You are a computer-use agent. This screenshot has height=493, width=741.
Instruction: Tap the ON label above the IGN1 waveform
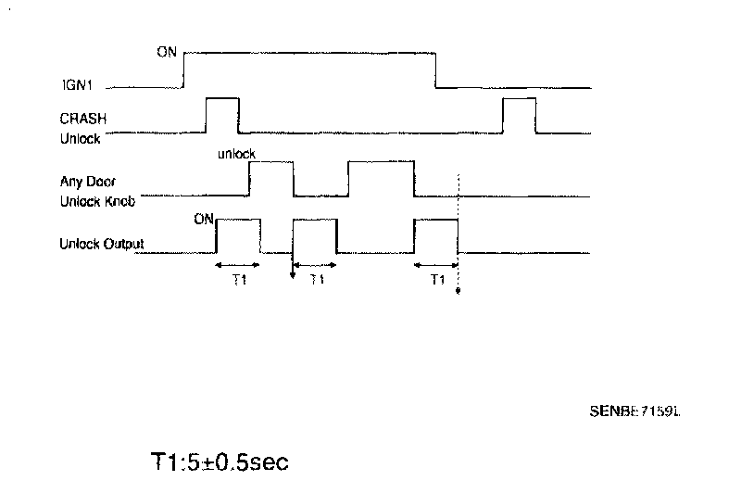click(166, 51)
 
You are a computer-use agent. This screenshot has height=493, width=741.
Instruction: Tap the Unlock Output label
click(102, 245)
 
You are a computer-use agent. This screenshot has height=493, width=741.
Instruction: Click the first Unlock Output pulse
click(238, 235)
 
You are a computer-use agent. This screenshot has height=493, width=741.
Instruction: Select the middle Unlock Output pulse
click(314, 235)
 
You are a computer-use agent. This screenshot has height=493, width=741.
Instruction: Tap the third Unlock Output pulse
click(435, 235)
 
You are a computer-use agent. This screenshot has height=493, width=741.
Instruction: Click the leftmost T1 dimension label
click(238, 279)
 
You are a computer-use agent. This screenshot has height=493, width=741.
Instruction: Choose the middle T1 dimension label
click(315, 279)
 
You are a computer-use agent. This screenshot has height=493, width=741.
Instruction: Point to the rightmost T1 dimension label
click(436, 279)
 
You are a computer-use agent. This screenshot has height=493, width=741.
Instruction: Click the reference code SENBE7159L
click(634, 408)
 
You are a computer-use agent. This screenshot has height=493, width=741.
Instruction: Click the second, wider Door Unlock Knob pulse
click(381, 178)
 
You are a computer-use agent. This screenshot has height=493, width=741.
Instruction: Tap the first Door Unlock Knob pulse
click(270, 178)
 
